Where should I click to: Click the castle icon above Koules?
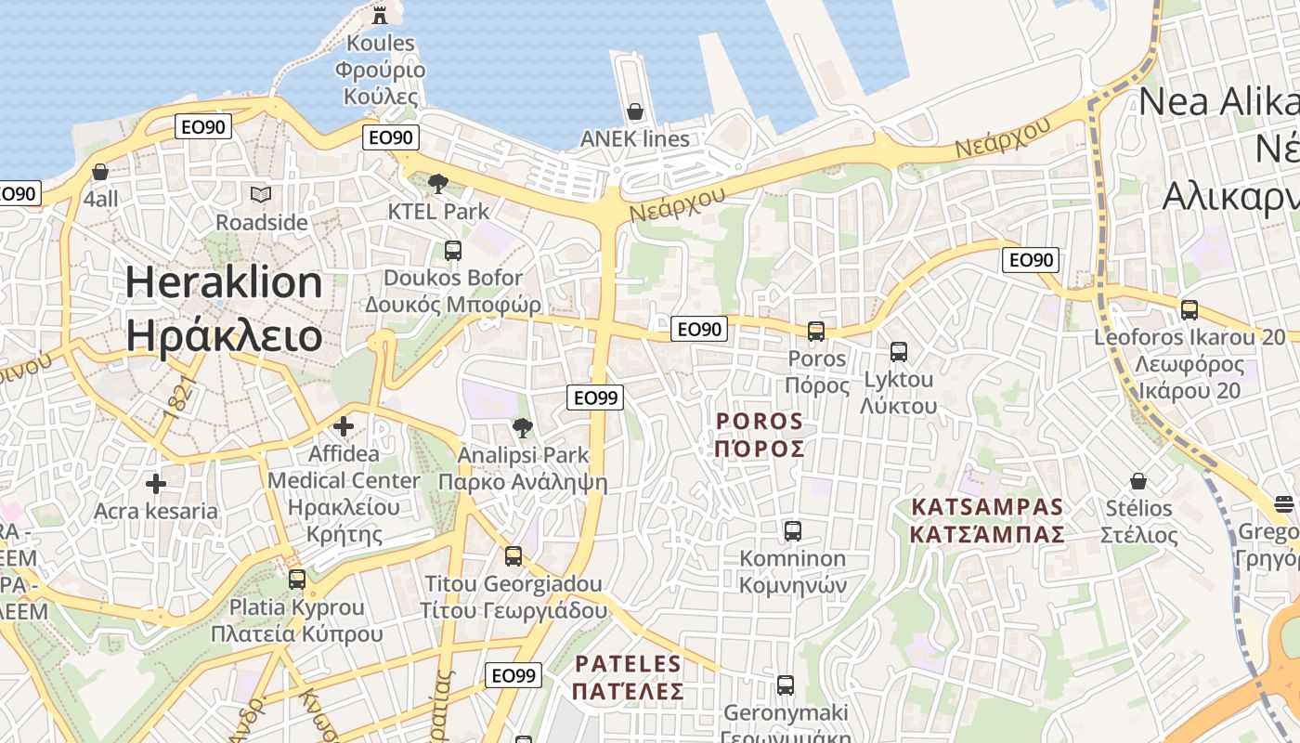pos(380,14)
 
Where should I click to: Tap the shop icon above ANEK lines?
pos(635,111)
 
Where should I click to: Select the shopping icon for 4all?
pos(100,172)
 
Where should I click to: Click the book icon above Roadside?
pos(261,194)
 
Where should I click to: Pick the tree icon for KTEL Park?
pos(437,183)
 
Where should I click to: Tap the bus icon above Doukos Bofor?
pos(453,250)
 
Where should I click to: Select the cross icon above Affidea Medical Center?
pos(344,426)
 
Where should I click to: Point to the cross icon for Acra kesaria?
pos(156,483)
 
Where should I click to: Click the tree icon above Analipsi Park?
pos(523,427)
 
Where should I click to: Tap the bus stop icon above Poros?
pos(816,331)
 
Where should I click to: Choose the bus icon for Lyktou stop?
pos(898,351)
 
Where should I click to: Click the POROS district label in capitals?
pos(760,435)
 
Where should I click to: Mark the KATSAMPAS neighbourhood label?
pos(986,520)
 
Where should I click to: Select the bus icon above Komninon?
pos(792,530)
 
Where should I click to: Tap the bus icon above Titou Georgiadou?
pos(513,555)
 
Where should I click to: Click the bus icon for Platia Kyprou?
pos(297,579)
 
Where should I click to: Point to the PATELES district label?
pos(628,677)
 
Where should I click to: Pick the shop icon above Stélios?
pos(1138,481)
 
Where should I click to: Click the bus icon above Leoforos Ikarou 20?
pos(1189,309)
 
